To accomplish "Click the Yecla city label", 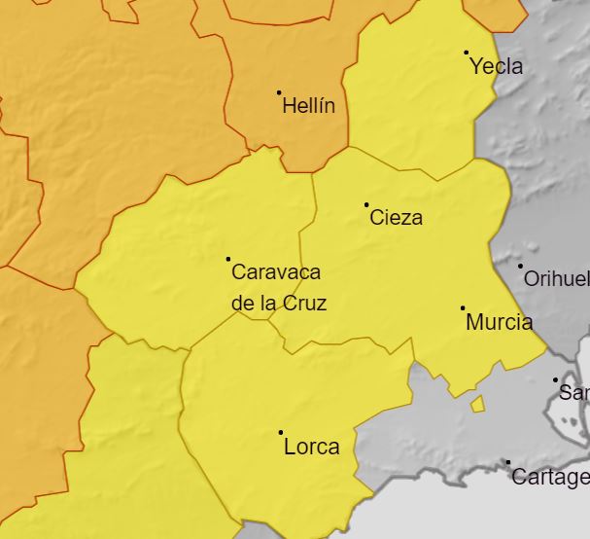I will pos(496,67).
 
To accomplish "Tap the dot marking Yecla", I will pos(467,53).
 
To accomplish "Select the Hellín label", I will pos(308,106).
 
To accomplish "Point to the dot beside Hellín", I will pos(279,92).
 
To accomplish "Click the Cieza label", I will pos(397,218).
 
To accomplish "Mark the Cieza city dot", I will pos(366,204).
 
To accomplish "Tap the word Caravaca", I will pos(276,272).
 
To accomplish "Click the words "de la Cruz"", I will pos(279,304).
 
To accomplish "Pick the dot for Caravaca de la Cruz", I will pos(228,259).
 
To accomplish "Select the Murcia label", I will pos(500,322).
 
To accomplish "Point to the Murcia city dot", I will pos(463,308).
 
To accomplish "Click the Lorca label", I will pos(312,448).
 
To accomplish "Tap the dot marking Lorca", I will pos(281,432).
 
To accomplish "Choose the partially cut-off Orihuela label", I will pos(556,279).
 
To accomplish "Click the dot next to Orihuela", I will pos(520,266).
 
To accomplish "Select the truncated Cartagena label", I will pos(549,478).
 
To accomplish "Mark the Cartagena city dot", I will pos(508,463).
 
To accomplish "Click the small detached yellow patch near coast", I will pos(477,404).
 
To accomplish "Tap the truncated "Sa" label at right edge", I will pos(574,394).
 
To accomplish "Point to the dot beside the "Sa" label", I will pos(556,380).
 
